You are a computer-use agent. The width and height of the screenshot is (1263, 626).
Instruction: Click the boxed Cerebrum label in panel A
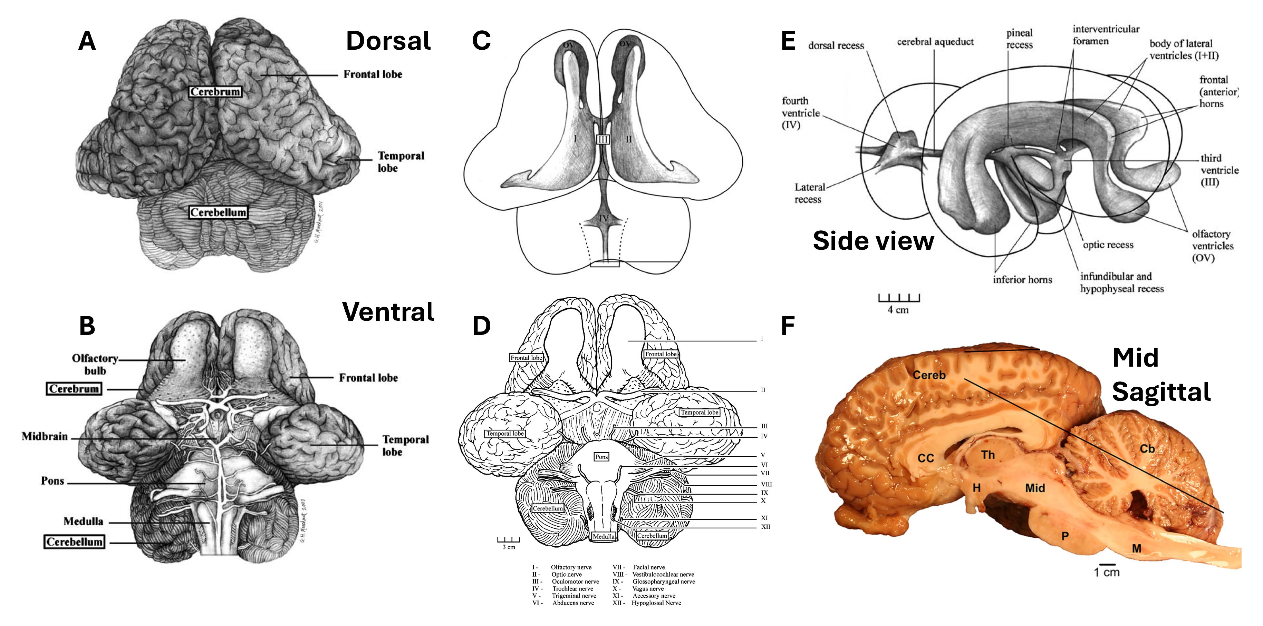(x=215, y=92)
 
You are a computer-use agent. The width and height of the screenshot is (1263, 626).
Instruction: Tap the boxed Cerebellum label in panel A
(x=218, y=212)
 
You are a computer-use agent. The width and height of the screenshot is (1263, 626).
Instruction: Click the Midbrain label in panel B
(x=45, y=436)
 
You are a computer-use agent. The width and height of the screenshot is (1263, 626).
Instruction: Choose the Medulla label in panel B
(x=83, y=521)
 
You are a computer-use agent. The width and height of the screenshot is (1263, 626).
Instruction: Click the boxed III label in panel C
(x=602, y=140)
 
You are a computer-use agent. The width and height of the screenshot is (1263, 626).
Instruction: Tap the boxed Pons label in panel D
(x=601, y=457)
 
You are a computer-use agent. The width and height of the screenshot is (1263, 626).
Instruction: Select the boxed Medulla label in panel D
(x=604, y=536)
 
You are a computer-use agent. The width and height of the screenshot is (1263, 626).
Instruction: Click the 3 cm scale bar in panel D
(x=509, y=541)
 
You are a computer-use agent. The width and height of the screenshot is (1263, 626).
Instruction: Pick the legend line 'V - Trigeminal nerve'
(x=564, y=596)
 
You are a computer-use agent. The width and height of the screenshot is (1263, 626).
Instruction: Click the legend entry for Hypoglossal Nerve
(x=647, y=603)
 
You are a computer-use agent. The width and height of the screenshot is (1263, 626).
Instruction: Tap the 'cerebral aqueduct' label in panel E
(x=935, y=42)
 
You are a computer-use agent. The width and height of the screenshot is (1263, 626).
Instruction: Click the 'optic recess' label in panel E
(x=1108, y=245)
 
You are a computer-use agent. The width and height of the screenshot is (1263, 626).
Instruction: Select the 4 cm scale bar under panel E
(x=899, y=298)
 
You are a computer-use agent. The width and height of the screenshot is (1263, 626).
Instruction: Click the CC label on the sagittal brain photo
(x=926, y=458)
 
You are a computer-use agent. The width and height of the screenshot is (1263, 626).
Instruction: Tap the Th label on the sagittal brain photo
(x=988, y=455)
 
